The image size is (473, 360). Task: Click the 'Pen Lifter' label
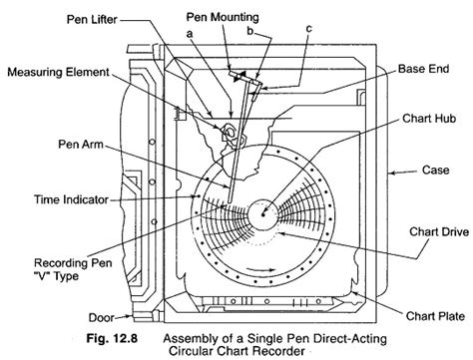(92, 19)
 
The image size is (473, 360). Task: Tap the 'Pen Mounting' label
(223, 17)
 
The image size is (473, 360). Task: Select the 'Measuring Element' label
(59, 72)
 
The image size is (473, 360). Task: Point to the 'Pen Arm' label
(81, 145)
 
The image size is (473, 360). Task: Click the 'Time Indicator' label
(71, 199)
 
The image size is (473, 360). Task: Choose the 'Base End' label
(424, 69)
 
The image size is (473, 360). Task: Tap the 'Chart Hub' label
(429, 119)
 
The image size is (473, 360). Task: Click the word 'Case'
(436, 171)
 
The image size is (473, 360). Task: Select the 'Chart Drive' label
(439, 231)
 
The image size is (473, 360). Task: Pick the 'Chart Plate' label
(435, 316)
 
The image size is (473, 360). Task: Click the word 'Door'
(101, 318)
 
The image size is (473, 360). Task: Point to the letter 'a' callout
(190, 34)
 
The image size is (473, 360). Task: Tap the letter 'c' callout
(309, 29)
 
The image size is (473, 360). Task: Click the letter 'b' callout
(250, 31)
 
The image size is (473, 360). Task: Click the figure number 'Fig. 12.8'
(112, 338)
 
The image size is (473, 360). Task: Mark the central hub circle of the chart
(262, 214)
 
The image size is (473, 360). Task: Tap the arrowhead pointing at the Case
(393, 173)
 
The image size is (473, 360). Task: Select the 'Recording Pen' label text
(73, 263)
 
